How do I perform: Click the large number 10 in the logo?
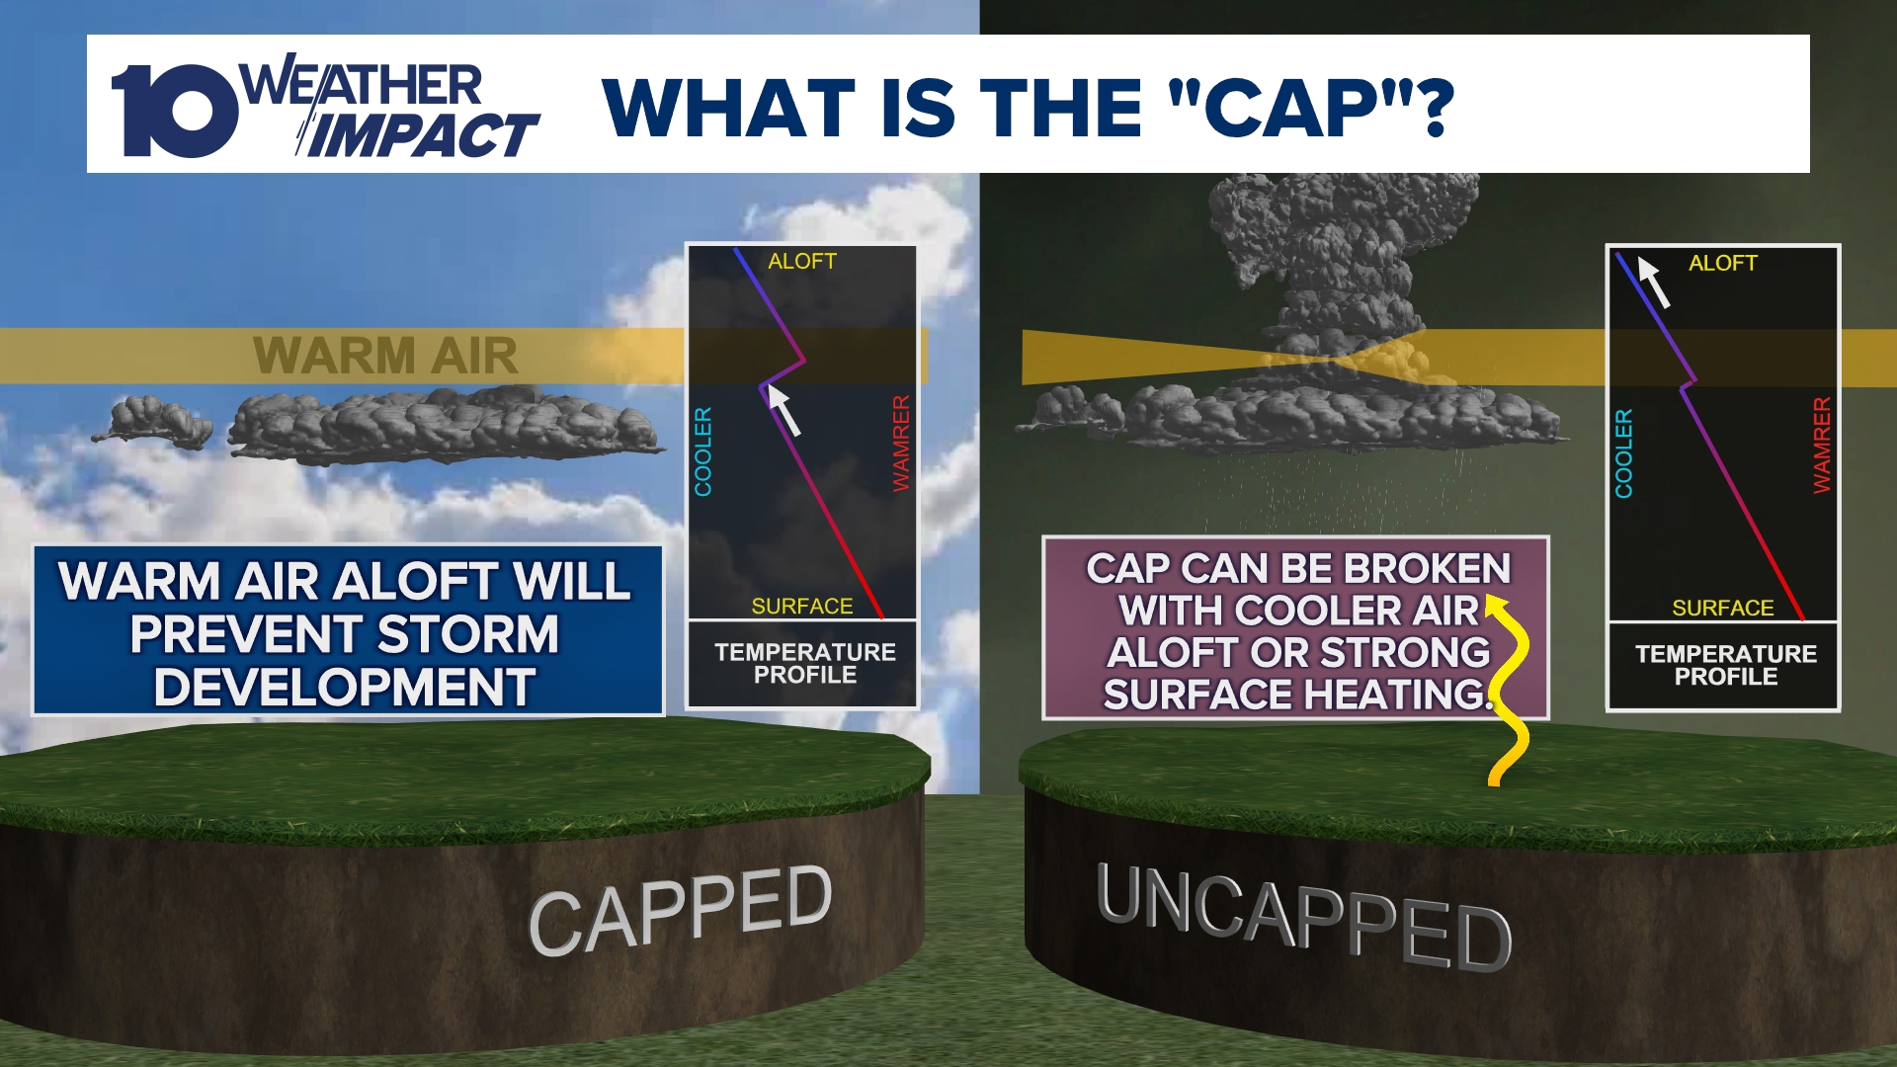click(x=173, y=111)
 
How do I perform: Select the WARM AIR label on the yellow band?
click(x=385, y=356)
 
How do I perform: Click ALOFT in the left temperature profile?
click(x=802, y=261)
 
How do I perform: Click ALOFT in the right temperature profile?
click(x=1723, y=263)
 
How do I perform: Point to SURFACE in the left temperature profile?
click(x=802, y=606)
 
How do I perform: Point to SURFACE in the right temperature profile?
click(x=1723, y=608)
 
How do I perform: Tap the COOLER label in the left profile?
click(x=703, y=451)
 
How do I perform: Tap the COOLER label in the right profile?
click(x=1624, y=453)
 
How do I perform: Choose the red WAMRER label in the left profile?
click(x=901, y=444)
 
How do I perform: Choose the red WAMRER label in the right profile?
click(x=1822, y=446)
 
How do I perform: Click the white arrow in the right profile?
click(x=1654, y=282)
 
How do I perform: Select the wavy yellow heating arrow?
click(x=1509, y=692)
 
